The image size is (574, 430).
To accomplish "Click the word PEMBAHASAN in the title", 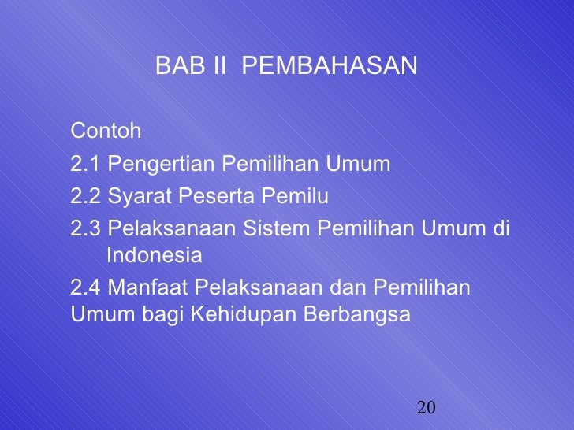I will point(329,67).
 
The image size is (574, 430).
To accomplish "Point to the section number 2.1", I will point(85,165).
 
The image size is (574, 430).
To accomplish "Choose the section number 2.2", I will point(85,196).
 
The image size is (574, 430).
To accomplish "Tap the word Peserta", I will point(203,196).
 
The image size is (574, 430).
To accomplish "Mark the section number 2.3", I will point(85,228).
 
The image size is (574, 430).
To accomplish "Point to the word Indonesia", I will point(154,256).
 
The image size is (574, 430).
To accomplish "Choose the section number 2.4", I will point(85,287).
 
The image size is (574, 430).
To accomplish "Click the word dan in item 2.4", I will point(350,287).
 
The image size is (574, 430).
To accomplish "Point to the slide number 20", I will point(427,407).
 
